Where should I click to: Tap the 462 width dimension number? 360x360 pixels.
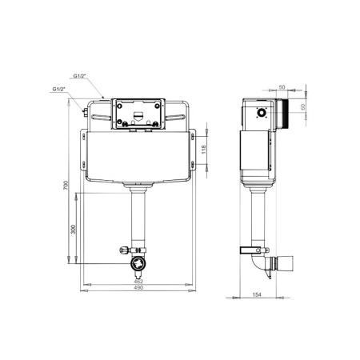[x=138, y=282]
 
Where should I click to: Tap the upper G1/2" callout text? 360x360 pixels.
[x=79, y=76]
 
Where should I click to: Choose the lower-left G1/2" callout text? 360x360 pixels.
[x=58, y=89]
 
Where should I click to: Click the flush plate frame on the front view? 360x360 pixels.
[x=138, y=113]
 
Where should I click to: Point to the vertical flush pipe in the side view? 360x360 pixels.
[x=258, y=216]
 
